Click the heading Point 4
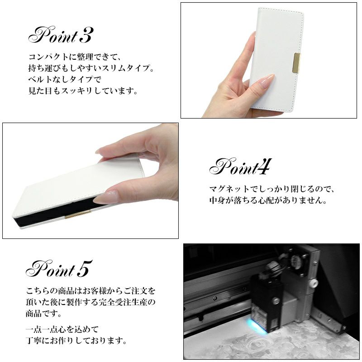pyautogui.click(x=240, y=167)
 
